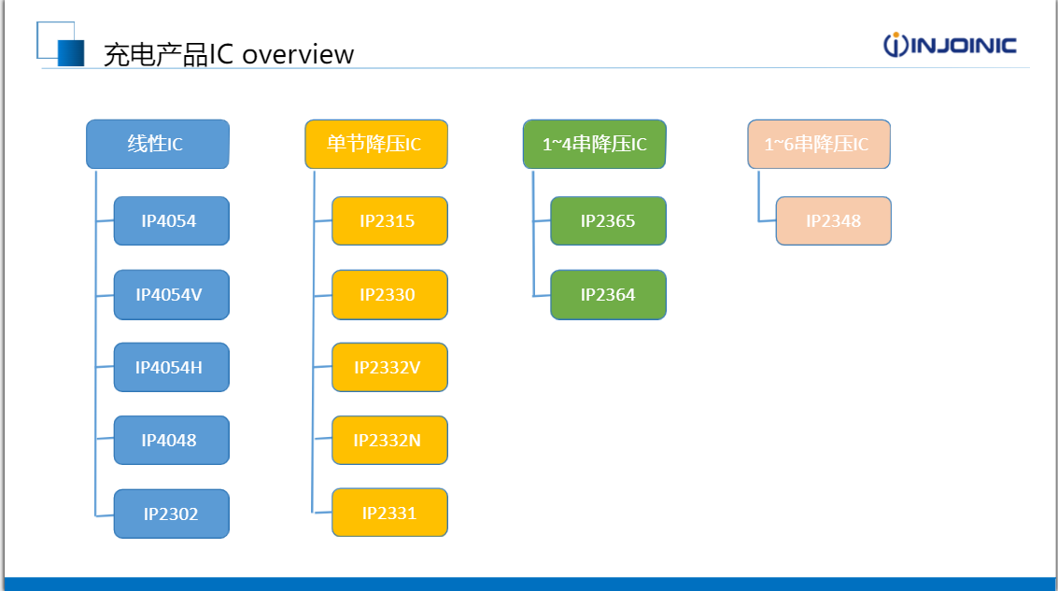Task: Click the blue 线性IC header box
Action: coord(158,145)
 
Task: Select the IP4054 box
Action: coord(172,220)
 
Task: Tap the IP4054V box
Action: coord(172,295)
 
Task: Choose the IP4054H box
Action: coord(172,368)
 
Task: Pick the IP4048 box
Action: coord(172,441)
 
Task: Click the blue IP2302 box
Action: coord(172,514)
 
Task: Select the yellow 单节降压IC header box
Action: coord(376,145)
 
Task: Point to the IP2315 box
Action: coord(390,220)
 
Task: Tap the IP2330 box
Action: coord(390,295)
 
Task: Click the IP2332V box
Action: coord(390,368)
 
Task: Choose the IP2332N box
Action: coord(390,441)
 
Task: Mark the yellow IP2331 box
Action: coord(390,513)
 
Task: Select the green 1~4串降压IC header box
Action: coord(595,145)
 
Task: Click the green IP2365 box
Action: coord(609,220)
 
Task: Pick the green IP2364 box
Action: coord(609,295)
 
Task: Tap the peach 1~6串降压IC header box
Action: coord(819,145)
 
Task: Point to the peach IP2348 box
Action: coord(834,220)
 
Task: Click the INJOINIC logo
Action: coord(950,45)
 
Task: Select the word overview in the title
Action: coord(298,55)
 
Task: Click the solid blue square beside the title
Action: coord(71,53)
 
